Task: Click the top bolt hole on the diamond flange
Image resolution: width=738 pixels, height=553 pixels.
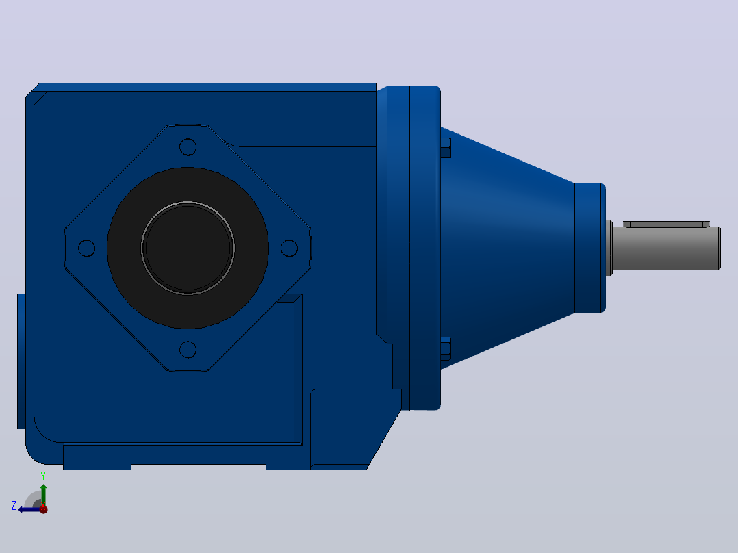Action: click(x=188, y=147)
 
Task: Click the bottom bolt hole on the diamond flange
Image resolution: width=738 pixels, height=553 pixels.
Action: click(x=188, y=350)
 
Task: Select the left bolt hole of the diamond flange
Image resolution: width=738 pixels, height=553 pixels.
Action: click(x=86, y=248)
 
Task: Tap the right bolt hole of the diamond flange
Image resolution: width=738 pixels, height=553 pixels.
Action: click(x=289, y=248)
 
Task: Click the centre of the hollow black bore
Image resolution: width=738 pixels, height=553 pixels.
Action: click(x=188, y=248)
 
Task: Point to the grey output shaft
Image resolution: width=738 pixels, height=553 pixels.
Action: click(x=667, y=248)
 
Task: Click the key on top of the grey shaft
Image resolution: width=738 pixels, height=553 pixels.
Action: click(x=667, y=224)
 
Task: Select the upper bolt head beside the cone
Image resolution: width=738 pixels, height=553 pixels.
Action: click(x=446, y=148)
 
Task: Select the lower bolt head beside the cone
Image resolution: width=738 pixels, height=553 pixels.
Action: click(x=446, y=349)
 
